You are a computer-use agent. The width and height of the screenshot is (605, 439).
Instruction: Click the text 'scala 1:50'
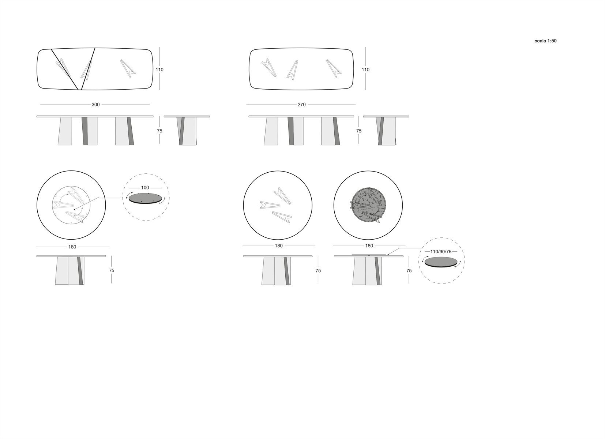tap(545, 41)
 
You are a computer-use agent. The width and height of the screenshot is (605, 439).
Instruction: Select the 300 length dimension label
tap(95, 105)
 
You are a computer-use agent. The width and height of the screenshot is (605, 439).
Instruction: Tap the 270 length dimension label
tap(301, 105)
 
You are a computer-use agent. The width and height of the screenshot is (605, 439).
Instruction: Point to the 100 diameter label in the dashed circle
tap(145, 188)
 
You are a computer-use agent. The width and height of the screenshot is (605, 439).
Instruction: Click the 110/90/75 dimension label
tap(441, 252)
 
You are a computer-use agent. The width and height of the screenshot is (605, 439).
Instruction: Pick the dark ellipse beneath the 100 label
tap(145, 198)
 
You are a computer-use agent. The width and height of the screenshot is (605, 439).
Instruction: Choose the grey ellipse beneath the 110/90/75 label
tap(441, 262)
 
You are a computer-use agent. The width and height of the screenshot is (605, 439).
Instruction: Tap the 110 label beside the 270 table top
tap(365, 70)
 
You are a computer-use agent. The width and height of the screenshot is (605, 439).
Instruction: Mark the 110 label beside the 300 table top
tap(159, 70)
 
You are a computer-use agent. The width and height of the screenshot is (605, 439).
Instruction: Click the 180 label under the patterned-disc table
tap(369, 246)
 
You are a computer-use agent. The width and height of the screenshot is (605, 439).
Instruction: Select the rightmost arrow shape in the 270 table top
tap(334, 68)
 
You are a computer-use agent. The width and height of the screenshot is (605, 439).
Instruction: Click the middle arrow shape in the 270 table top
tap(292, 70)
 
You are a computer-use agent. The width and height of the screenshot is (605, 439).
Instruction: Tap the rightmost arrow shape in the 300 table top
tap(128, 68)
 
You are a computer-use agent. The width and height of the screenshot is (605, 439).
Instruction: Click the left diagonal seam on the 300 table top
tap(65, 69)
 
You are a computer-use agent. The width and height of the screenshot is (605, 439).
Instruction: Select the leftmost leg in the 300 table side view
tap(65, 131)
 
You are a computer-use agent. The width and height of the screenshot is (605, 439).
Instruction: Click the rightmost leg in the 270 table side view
tap(331, 131)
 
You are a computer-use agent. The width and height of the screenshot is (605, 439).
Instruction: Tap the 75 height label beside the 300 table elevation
tap(159, 131)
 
